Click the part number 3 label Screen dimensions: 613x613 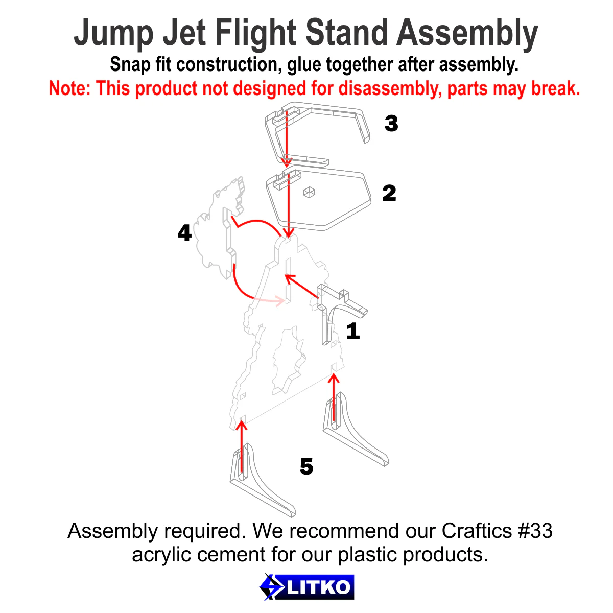391,124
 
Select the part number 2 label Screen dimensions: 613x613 389,194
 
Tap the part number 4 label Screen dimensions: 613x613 184,233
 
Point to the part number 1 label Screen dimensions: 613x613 353,332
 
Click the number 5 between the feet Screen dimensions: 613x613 306,466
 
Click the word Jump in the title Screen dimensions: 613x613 113,34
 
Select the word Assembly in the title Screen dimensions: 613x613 467,34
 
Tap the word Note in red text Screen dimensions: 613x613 69,89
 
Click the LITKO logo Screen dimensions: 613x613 306,587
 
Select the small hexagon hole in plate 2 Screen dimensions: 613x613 310,193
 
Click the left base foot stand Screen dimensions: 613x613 261,483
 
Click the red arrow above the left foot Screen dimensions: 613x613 241,444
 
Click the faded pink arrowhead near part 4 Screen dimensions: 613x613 278,300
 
